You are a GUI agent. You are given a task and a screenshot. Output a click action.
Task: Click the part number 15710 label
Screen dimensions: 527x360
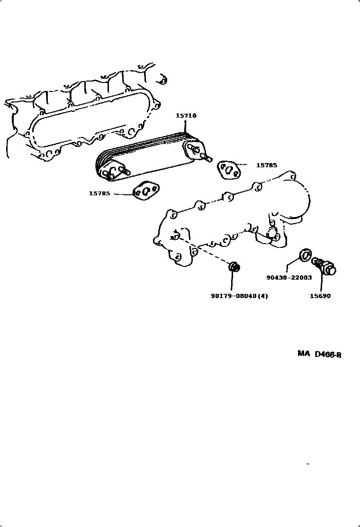[186, 116]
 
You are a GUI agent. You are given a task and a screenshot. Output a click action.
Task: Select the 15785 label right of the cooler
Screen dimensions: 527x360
[266, 165]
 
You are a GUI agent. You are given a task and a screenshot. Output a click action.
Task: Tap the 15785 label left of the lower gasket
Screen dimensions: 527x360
[99, 193]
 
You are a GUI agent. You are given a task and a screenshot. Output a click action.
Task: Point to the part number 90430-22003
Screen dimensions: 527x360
[289, 278]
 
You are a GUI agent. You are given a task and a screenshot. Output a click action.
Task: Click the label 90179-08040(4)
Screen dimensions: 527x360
[240, 296]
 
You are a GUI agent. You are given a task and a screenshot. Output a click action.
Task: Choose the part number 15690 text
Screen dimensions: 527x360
[321, 296]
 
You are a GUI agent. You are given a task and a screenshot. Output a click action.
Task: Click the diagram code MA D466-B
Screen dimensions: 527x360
[319, 354]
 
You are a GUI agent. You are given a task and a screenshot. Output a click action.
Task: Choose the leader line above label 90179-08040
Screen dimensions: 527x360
[233, 282]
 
